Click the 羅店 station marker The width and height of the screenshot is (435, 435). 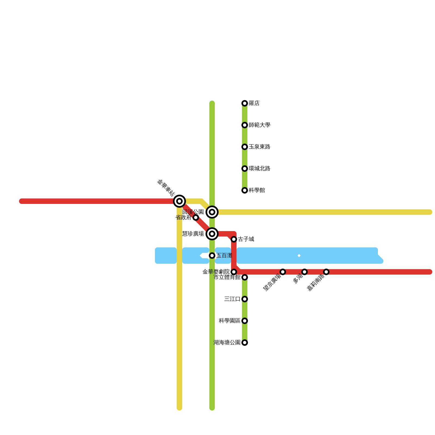(x=245, y=103)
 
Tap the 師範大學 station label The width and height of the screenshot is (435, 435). (x=259, y=125)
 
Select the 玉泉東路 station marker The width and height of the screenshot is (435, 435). (x=245, y=147)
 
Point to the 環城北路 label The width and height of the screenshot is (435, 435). (x=259, y=169)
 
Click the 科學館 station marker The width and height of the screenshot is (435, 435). (x=245, y=190)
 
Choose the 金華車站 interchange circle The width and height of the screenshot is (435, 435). (x=179, y=201)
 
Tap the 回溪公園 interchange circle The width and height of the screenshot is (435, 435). (x=212, y=212)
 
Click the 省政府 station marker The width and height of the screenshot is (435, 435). (x=196, y=217)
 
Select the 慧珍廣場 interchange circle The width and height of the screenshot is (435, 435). (x=212, y=234)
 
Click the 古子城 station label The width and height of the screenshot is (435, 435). (x=246, y=239)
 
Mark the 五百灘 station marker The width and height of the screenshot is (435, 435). (x=212, y=256)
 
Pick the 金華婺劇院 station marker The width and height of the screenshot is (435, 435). (x=234, y=272)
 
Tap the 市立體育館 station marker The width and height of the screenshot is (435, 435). (x=245, y=277)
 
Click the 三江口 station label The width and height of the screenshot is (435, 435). (x=232, y=299)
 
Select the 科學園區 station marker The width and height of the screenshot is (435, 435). (x=245, y=321)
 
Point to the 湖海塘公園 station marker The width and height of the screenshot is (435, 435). (x=245, y=343)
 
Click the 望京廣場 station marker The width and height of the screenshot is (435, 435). (x=283, y=272)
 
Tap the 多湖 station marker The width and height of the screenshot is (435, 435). (x=304, y=272)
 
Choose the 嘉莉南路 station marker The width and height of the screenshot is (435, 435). (x=326, y=272)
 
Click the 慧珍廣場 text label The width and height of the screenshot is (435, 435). (x=193, y=234)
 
